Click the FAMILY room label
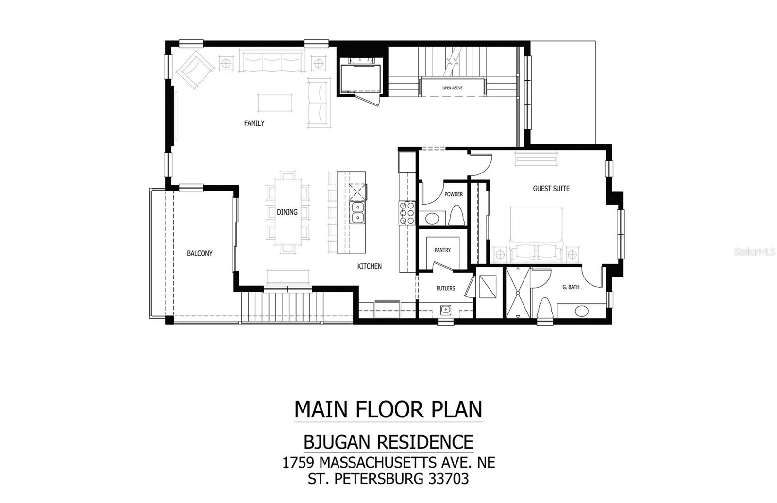click(254, 123)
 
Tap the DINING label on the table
click(287, 212)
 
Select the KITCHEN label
click(370, 266)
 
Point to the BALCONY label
click(200, 253)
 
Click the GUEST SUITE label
click(551, 189)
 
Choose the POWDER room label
click(454, 194)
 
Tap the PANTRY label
click(442, 250)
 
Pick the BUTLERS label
click(445, 288)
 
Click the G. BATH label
click(571, 287)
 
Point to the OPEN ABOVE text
click(452, 88)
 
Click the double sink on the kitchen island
click(357, 212)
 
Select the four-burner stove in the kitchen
click(407, 213)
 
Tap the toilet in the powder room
click(456, 215)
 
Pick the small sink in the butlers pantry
click(446, 309)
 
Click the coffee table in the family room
click(275, 103)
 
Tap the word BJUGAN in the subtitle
click(337, 442)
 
